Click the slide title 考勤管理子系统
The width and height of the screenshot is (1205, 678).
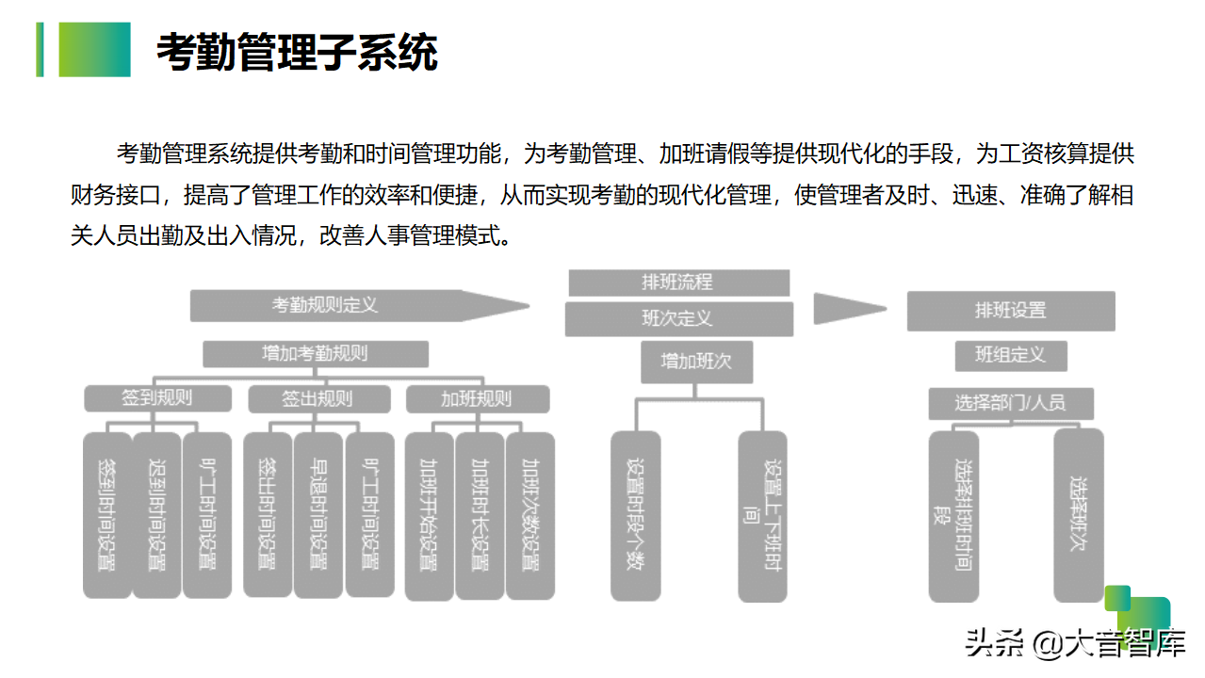click(297, 53)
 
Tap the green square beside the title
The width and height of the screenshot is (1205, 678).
click(94, 50)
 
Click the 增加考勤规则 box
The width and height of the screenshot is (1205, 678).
click(316, 354)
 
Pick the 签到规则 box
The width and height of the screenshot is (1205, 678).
click(157, 398)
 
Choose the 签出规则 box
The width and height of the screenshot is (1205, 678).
click(318, 398)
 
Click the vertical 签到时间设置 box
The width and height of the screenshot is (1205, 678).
click(106, 514)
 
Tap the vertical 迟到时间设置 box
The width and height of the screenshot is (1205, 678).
click(156, 514)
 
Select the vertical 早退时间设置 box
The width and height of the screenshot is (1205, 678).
click(318, 514)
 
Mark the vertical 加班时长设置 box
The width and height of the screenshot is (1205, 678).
click(480, 516)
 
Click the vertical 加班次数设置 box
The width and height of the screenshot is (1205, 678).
click(530, 516)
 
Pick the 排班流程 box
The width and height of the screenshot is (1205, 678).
click(678, 282)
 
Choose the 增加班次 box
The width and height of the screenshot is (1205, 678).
click(696, 362)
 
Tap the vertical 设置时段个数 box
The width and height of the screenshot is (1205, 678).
click(635, 516)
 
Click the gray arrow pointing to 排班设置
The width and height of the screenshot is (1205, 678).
click(848, 308)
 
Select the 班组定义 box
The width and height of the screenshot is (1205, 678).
click(1010, 355)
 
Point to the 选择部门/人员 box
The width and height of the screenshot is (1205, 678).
click(1010, 403)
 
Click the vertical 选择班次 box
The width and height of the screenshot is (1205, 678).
click(1078, 515)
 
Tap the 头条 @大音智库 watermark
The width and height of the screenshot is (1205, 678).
click(1074, 645)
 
